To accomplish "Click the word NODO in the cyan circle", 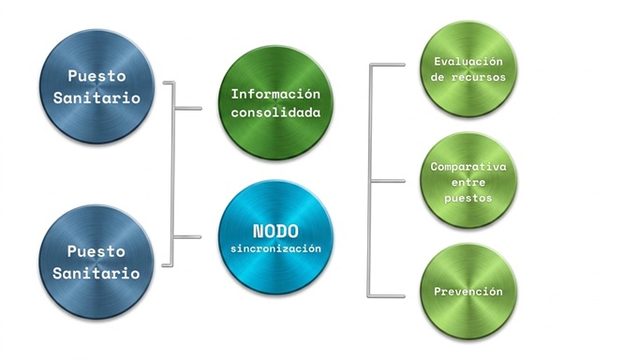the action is coord(275,232).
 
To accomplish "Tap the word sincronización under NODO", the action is coord(275,248).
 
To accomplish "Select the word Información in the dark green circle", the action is coord(275,94).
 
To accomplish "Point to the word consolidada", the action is coord(275,112).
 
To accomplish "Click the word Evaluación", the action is coord(468,62).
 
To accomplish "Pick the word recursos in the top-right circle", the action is coord(478,77).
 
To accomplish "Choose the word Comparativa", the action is coord(468,167).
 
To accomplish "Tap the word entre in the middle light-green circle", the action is coord(468,182).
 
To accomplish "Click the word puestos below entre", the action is coord(468,198).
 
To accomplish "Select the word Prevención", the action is coord(468,292).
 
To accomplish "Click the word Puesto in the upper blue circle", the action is coord(97,76).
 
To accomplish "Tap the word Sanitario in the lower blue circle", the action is coord(97,273).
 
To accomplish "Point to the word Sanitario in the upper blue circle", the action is coord(97,97).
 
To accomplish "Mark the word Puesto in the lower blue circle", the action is coord(97,251).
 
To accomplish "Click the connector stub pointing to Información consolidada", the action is coord(188,109).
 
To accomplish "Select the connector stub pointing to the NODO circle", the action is coord(188,237).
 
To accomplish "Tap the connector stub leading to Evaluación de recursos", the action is coord(388,65).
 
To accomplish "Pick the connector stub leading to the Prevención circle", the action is coord(387,296).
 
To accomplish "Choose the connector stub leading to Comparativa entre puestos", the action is coord(388,181).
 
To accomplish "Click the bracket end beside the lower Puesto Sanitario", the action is coord(167,265).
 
